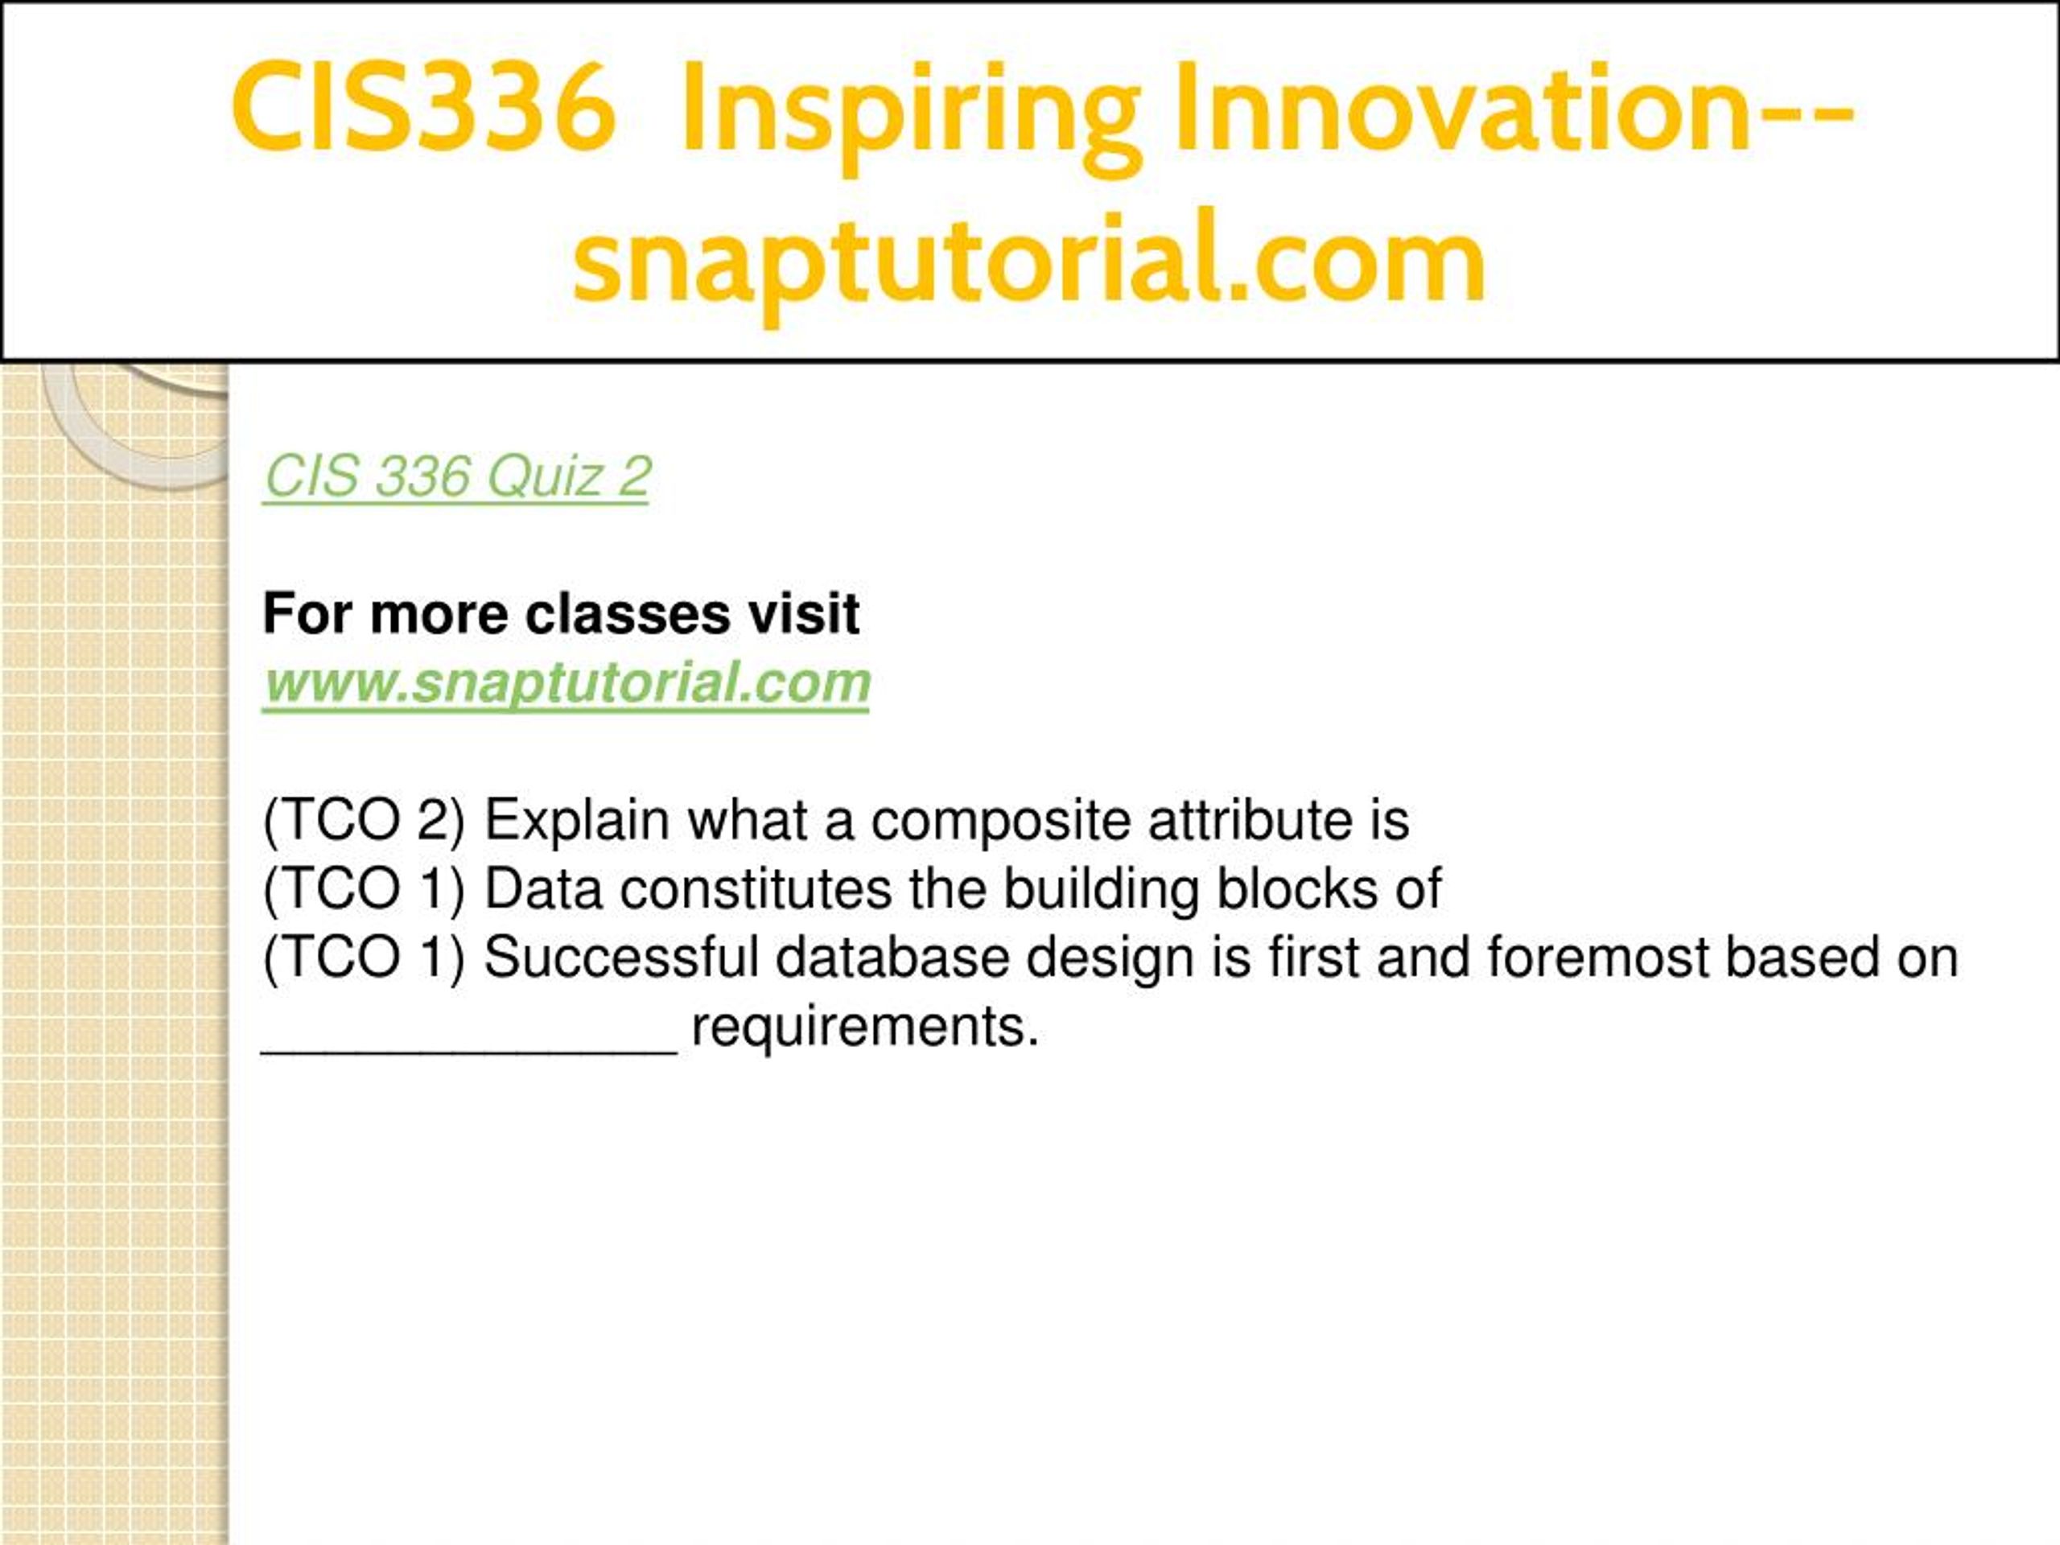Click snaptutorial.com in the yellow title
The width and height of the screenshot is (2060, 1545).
coord(1029,260)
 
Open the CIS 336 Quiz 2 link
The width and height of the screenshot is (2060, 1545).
coord(456,477)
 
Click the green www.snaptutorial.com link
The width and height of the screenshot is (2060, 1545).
coord(566,683)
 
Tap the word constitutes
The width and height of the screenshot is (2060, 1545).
coord(756,889)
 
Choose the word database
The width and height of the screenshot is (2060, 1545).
coord(892,958)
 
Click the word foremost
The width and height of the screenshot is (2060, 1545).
coord(1598,958)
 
